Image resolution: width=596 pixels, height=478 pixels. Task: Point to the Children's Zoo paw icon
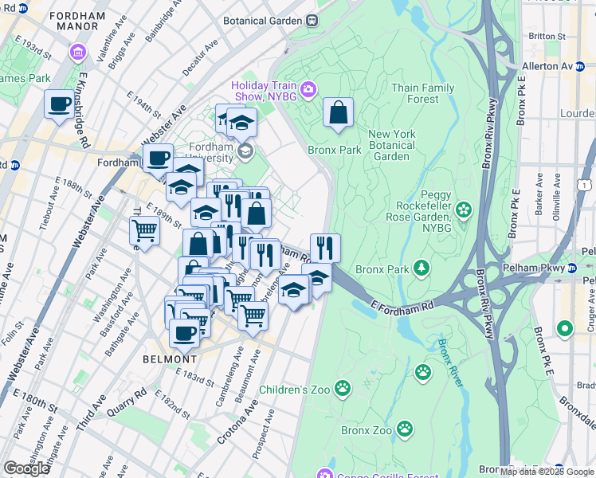click(x=343, y=388)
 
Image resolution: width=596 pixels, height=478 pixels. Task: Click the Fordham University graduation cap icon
click(x=245, y=150)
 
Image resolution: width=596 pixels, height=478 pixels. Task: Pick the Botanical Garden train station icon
click(x=313, y=21)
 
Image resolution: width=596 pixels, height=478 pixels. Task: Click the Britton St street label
click(x=547, y=36)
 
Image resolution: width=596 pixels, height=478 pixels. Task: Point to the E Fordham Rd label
click(x=402, y=304)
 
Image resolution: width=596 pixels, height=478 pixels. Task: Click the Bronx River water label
click(x=449, y=362)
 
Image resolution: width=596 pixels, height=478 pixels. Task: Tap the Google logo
click(x=26, y=468)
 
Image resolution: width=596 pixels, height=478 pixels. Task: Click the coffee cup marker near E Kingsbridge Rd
click(x=59, y=106)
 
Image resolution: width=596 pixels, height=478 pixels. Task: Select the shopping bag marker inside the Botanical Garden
click(x=338, y=112)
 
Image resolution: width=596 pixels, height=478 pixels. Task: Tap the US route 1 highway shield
click(x=586, y=184)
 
